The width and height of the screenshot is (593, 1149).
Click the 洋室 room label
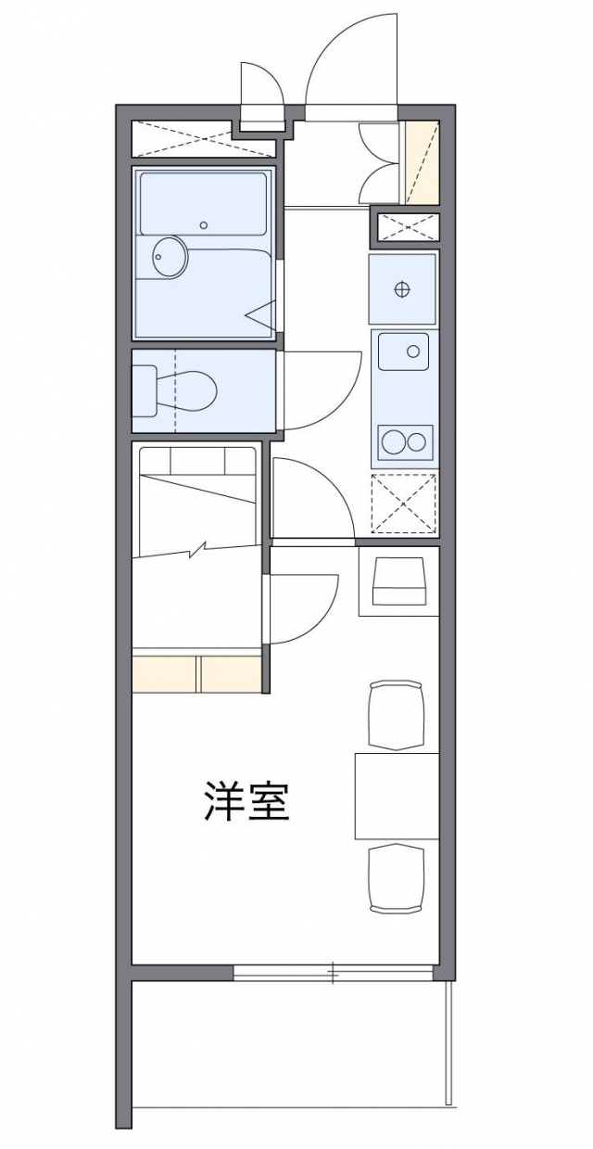(x=246, y=802)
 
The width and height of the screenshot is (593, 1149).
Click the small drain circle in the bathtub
(x=205, y=224)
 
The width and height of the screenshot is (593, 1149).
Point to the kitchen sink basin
(x=404, y=351)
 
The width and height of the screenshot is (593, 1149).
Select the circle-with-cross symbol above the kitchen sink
(x=401, y=288)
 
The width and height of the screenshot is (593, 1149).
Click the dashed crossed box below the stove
(x=403, y=504)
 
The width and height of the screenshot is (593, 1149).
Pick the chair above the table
(x=397, y=714)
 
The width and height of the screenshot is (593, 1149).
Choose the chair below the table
(x=397, y=877)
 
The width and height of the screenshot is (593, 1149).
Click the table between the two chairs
(x=397, y=796)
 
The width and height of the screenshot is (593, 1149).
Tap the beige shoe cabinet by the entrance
(x=423, y=163)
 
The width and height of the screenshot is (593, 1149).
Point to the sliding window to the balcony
(x=332, y=972)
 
